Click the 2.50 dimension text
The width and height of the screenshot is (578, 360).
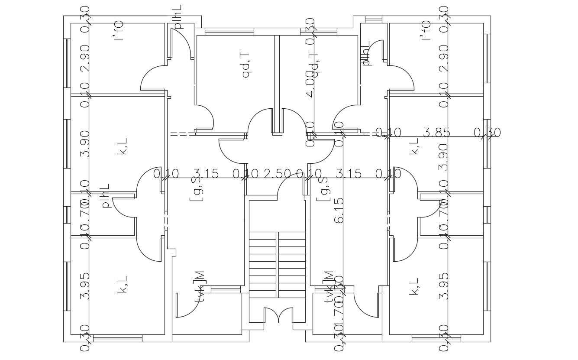(x=277, y=174)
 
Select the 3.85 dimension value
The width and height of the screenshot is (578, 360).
(x=436, y=133)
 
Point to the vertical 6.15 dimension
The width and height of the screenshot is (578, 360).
(x=339, y=211)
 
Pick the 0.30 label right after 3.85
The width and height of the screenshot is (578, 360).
(x=487, y=133)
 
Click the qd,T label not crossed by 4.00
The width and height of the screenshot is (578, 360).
(x=246, y=65)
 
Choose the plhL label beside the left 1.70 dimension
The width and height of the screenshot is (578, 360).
(x=105, y=196)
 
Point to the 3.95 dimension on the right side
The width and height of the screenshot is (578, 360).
(x=443, y=286)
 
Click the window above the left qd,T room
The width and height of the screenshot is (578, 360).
(x=223, y=31)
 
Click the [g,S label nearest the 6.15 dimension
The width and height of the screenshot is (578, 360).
(x=322, y=189)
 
